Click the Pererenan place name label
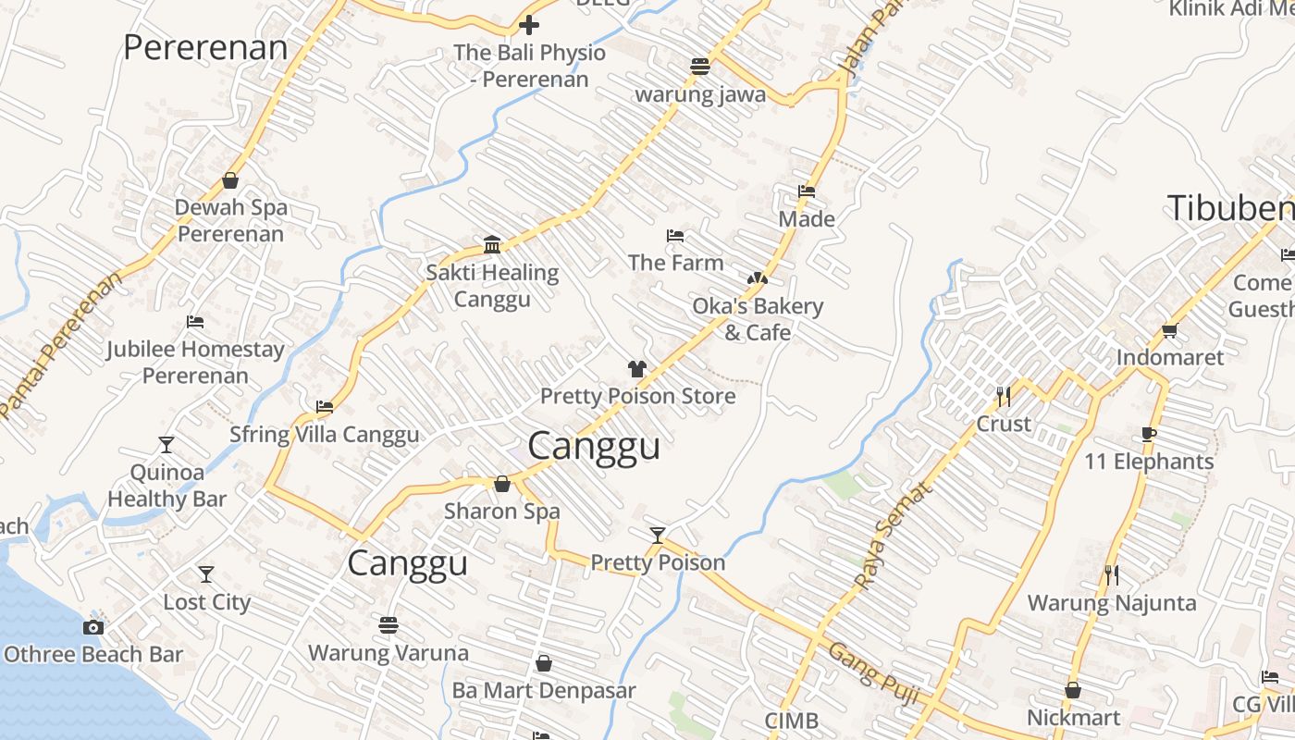pyautogui.click(x=205, y=47)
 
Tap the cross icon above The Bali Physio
pyautogui.click(x=529, y=25)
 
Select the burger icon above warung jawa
pyautogui.click(x=700, y=67)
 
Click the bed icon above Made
pyautogui.click(x=807, y=192)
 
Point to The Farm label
pyautogui.click(x=676, y=263)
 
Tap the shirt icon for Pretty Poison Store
pyautogui.click(x=637, y=369)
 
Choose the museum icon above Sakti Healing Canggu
pyautogui.click(x=492, y=245)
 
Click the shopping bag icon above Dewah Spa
pyautogui.click(x=230, y=180)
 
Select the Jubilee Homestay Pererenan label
pyautogui.click(x=195, y=362)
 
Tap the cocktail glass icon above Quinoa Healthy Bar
pyautogui.click(x=166, y=445)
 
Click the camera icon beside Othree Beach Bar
pyautogui.click(x=92, y=628)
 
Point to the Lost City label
pyautogui.click(x=207, y=602)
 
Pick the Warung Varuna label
pyautogui.click(x=388, y=652)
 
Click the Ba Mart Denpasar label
pyautogui.click(x=544, y=690)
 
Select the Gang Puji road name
pyautogui.click(x=873, y=673)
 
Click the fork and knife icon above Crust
pyautogui.click(x=1004, y=397)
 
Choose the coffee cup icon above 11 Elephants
pyautogui.click(x=1148, y=434)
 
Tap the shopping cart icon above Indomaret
pyautogui.click(x=1170, y=330)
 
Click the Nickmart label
pyautogui.click(x=1073, y=717)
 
